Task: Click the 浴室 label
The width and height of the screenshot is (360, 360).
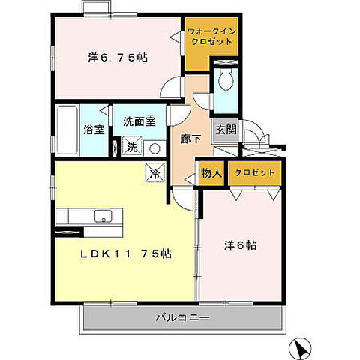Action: click(x=93, y=128)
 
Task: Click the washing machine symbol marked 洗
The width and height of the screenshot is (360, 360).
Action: click(x=131, y=146)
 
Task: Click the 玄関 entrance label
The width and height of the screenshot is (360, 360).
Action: click(x=226, y=129)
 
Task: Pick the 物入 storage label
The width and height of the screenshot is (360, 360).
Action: click(x=211, y=173)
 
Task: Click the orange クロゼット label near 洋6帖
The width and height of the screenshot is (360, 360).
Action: click(x=256, y=173)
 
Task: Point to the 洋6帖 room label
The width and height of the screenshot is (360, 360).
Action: click(x=242, y=244)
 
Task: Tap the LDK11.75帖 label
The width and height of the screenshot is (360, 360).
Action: click(x=126, y=253)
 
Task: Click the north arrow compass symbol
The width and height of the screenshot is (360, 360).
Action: click(x=301, y=347)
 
